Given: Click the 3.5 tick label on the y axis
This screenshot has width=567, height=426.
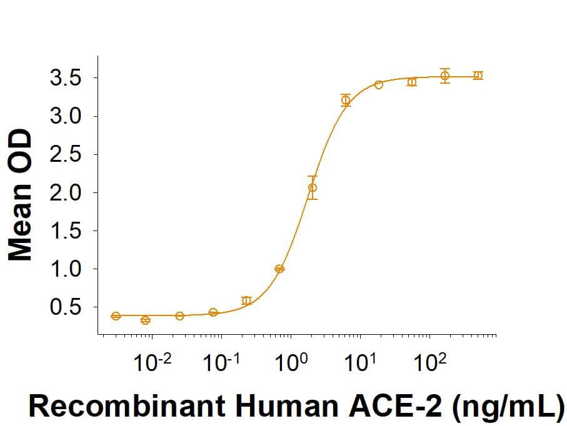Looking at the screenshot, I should coord(66,78).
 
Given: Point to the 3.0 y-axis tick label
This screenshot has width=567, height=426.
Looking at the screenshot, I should coord(66,117).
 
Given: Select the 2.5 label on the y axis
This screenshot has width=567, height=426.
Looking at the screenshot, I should coord(66,155).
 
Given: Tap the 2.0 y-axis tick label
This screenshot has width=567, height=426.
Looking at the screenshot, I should coord(66,193).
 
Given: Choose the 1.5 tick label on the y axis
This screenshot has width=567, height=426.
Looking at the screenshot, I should coord(66,231).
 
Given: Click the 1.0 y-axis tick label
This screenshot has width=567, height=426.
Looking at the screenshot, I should coord(66,269).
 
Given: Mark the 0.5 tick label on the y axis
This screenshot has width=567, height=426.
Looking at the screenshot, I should coord(66,307).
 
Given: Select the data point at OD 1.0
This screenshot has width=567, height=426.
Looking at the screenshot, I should coord(279,269).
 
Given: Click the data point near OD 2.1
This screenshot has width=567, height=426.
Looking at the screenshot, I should coord(313,187).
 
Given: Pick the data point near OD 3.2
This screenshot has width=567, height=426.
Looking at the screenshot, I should coord(346,100).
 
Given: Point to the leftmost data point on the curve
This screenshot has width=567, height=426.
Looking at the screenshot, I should coord(116,316).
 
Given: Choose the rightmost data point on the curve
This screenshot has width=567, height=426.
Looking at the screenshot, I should coord(478,76).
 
